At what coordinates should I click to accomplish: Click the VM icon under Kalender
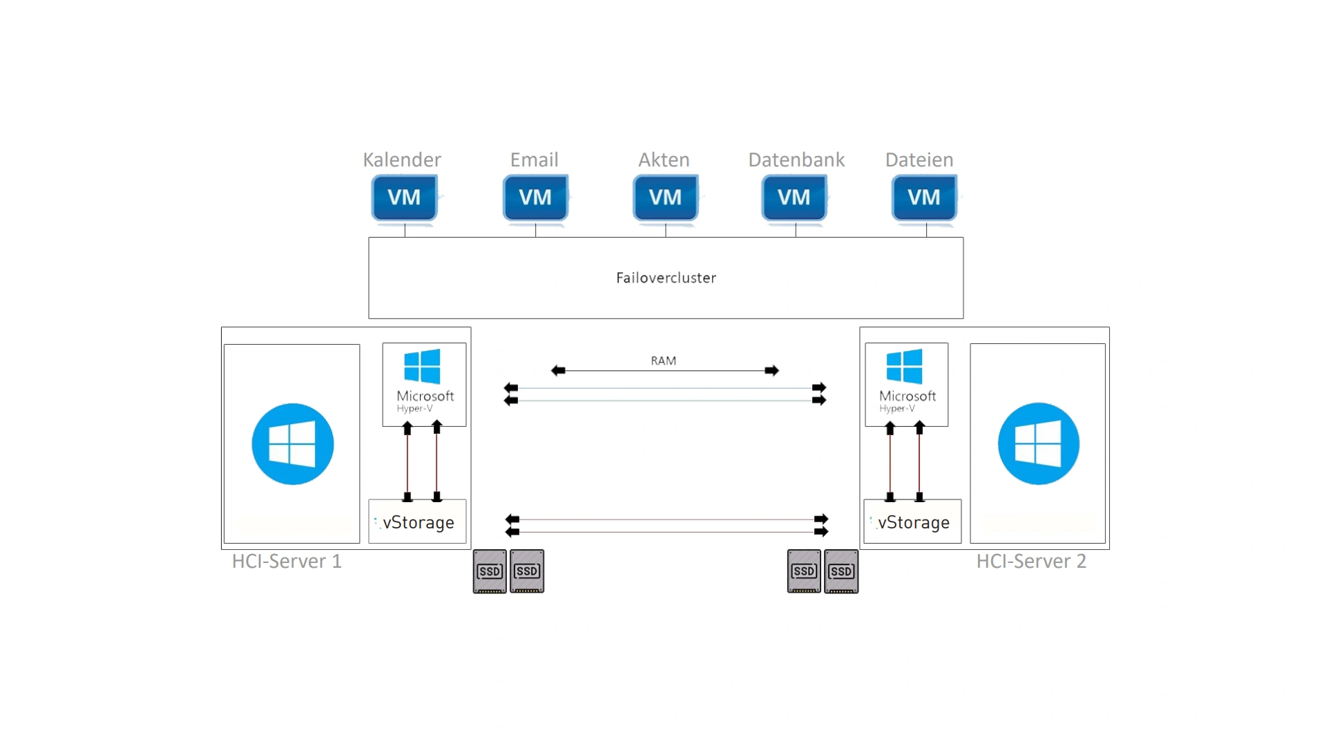click(x=404, y=198)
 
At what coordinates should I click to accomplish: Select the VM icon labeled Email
click(x=535, y=198)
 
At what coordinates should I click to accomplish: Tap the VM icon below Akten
click(x=665, y=198)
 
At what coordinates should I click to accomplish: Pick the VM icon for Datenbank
click(x=794, y=198)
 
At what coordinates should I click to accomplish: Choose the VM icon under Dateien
click(x=924, y=198)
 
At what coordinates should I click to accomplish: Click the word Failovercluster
click(x=666, y=278)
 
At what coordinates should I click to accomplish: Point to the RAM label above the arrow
click(x=663, y=361)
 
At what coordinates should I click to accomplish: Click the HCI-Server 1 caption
click(x=287, y=561)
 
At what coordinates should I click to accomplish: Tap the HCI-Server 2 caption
click(x=1031, y=561)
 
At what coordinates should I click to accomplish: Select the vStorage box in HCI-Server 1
click(x=418, y=522)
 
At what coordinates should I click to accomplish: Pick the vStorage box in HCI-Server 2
click(x=912, y=522)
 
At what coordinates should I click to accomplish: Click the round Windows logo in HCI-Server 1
click(x=292, y=443)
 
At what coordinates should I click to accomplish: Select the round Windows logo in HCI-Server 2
click(x=1038, y=443)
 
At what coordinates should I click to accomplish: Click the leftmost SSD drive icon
click(x=490, y=571)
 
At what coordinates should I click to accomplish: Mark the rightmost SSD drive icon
click(x=841, y=571)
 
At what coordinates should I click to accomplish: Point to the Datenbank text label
click(x=796, y=160)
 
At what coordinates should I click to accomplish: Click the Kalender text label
click(x=402, y=160)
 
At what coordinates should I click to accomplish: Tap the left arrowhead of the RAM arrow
click(x=558, y=371)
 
